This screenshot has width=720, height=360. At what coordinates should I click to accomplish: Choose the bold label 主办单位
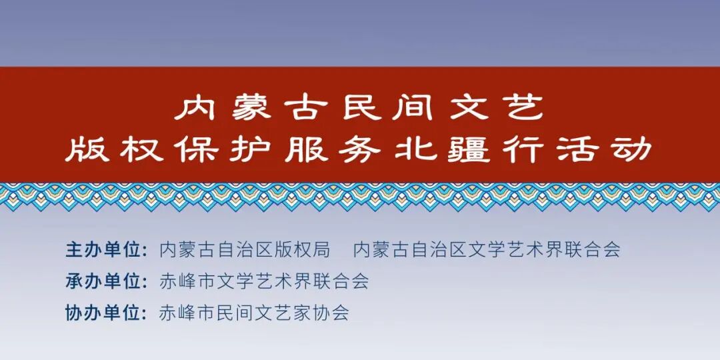[105, 249]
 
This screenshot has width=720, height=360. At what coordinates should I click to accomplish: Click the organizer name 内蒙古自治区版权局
[245, 249]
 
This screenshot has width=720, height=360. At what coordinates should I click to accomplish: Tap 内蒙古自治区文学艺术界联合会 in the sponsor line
[487, 249]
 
